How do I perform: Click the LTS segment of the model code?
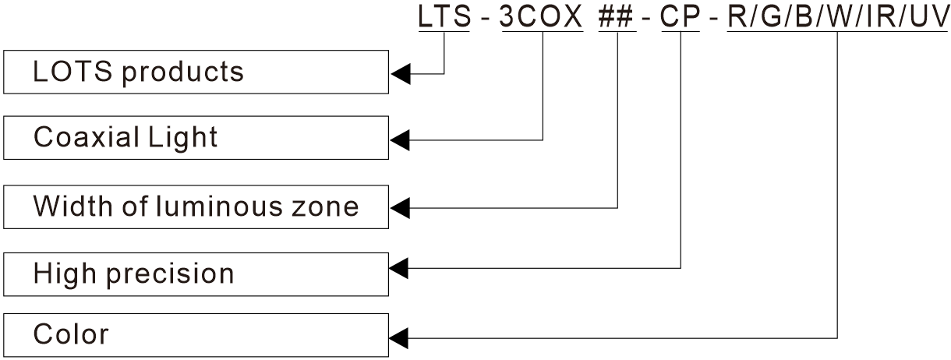[444, 17]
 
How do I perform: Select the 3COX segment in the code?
[541, 17]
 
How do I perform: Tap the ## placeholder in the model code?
[617, 17]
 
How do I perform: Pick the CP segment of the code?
[681, 17]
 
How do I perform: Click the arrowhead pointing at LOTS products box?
[399, 75]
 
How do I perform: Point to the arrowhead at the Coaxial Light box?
[399, 140]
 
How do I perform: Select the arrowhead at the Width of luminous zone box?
[399, 208]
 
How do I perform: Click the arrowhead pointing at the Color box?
[399, 338]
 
